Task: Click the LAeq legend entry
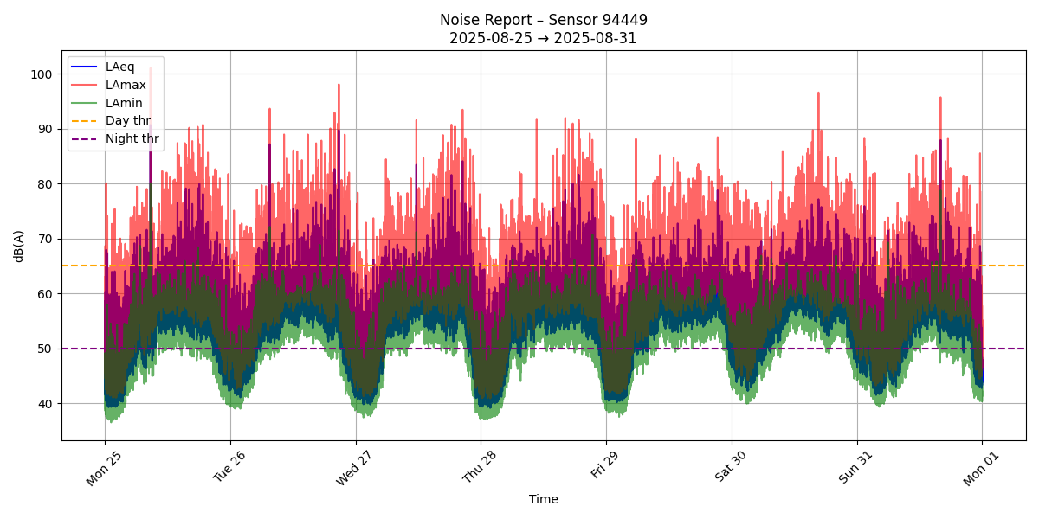[119, 67]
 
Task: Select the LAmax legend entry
[125, 85]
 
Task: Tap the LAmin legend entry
[124, 103]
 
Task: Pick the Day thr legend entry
[127, 120]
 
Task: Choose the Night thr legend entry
[132, 138]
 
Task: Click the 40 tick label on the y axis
[45, 404]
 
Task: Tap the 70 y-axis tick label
[45, 239]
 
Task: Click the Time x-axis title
[544, 499]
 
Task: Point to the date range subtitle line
[543, 38]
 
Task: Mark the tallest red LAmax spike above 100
[150, 68]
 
